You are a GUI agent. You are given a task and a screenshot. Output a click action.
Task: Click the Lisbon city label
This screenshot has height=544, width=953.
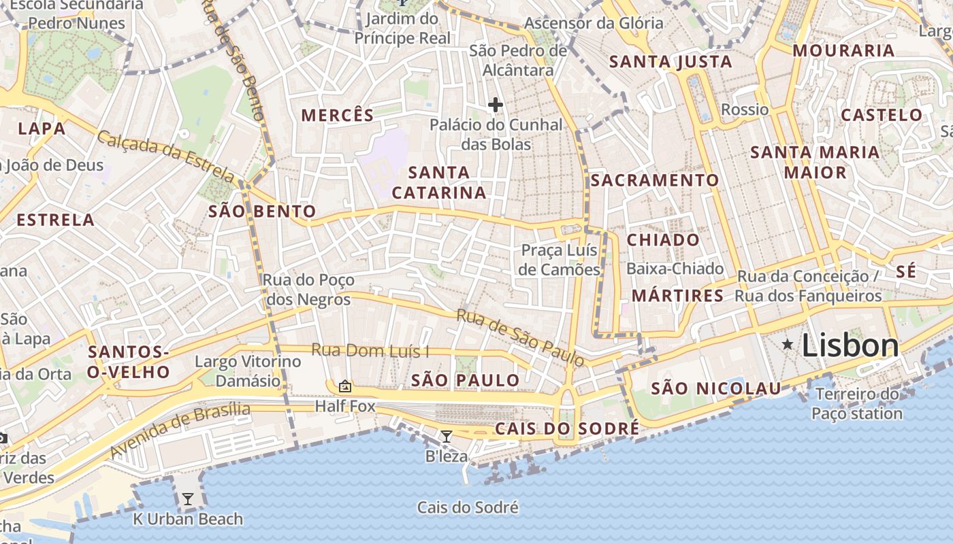tap(850, 345)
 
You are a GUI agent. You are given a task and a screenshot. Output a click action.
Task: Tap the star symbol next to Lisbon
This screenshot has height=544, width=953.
tap(788, 345)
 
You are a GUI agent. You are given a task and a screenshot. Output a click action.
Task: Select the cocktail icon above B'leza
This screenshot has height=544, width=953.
tap(447, 436)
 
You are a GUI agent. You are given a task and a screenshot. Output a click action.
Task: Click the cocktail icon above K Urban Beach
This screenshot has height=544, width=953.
tap(187, 499)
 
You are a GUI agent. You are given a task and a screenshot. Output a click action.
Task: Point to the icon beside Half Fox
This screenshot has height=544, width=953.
tap(345, 386)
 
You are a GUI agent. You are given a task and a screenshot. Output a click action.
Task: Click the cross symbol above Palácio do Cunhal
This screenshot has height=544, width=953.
tap(496, 105)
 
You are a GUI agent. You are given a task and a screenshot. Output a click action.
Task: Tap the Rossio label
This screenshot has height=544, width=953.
tap(745, 109)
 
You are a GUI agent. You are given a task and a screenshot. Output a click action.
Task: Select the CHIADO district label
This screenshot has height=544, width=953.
tap(662, 239)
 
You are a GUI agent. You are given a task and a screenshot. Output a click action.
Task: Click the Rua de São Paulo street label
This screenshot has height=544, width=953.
tap(520, 338)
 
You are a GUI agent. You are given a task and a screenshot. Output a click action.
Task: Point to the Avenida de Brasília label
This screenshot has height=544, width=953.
tap(180, 430)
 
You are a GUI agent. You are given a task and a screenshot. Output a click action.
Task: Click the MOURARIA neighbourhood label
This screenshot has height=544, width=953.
tap(843, 50)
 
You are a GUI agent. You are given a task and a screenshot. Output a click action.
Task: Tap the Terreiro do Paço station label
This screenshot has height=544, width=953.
tap(857, 403)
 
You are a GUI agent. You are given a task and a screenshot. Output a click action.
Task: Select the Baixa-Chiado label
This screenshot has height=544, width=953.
tap(675, 269)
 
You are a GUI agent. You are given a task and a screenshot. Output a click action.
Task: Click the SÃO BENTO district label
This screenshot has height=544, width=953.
tap(262, 211)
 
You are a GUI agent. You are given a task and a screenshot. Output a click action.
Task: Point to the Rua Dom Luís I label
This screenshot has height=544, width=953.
tap(370, 351)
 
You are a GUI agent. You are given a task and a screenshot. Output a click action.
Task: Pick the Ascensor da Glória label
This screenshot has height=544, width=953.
tap(594, 23)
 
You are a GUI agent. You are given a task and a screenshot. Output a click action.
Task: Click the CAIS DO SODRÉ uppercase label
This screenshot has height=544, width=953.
tap(567, 428)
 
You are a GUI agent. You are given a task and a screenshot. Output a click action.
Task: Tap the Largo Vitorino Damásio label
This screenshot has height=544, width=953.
tap(248, 371)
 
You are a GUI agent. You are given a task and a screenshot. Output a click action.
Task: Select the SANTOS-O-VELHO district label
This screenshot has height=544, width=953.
tap(129, 362)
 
